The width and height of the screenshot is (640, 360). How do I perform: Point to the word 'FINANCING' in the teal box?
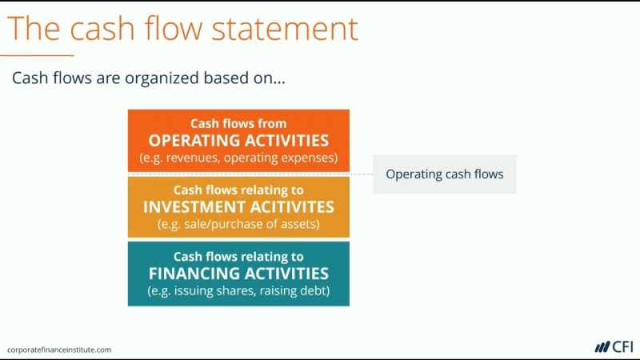pyautogui.click(x=194, y=274)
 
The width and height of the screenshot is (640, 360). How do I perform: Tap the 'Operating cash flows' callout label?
pyautogui.click(x=445, y=174)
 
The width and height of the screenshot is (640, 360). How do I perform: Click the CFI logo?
pyautogui.click(x=614, y=347)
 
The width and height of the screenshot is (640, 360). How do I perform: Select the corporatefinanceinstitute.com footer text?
pyautogui.click(x=59, y=350)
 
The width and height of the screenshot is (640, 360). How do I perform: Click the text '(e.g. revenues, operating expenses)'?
pyautogui.click(x=238, y=158)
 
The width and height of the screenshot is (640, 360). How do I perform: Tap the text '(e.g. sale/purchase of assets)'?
pyautogui.click(x=238, y=224)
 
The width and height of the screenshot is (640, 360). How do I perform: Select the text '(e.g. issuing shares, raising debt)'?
pyautogui.click(x=238, y=290)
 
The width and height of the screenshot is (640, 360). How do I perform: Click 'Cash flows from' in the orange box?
pyautogui.click(x=238, y=124)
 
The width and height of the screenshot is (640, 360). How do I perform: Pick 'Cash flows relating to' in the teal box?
pyautogui.click(x=238, y=257)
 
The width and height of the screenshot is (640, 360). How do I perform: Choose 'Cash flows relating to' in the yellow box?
pyautogui.click(x=238, y=190)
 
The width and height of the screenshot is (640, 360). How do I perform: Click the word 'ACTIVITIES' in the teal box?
pyautogui.click(x=283, y=274)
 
